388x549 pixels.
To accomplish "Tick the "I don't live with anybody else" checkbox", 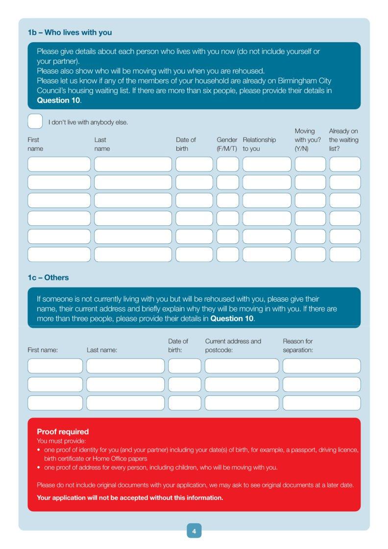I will coord(35,121).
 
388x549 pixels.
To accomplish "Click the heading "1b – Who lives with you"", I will coord(70,33).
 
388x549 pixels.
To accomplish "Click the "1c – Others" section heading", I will coord(48,278).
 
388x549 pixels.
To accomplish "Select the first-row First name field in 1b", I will coord(59,164).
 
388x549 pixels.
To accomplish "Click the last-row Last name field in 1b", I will coord(133,255).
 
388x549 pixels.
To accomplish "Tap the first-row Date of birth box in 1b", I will coord(194,164).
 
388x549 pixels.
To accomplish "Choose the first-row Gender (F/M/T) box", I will coord(228,164).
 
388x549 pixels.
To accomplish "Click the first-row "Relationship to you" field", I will coord(267,164).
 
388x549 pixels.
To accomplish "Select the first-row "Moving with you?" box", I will coord(310,164).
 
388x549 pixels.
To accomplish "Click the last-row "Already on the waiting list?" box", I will coord(345,255).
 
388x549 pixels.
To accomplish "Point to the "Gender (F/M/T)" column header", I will coord(227,144).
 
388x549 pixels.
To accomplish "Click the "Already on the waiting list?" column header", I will coord(343,140).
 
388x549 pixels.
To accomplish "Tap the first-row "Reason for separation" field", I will coord(321,366).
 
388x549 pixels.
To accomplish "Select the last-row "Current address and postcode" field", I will coord(242,403).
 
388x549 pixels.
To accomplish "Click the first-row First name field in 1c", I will coord(55,366).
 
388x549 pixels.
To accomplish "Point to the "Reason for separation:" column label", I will coord(298,346).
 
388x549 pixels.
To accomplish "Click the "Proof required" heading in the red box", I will coord(63,432).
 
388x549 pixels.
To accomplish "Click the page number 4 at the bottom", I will coord(194,531).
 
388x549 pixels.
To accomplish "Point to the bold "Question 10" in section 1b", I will coord(58,100).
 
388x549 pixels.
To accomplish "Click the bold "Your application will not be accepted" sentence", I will coord(130,498).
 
